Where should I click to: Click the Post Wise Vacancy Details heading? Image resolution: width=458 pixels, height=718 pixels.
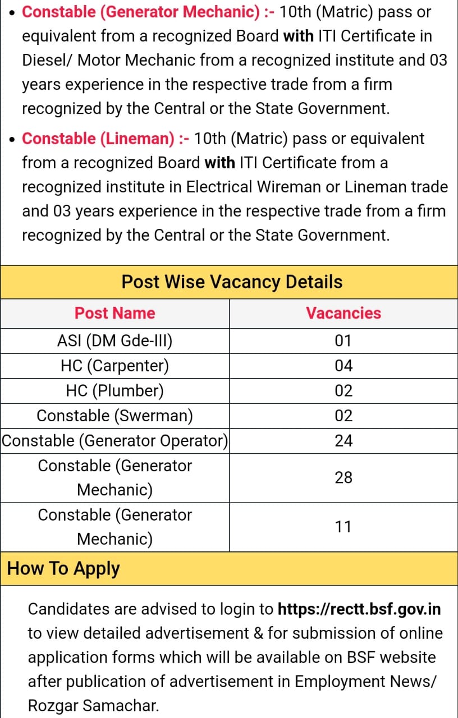[232, 281]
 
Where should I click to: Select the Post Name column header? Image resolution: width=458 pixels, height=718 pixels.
[114, 313]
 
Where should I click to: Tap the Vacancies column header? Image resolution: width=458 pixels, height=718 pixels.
[343, 313]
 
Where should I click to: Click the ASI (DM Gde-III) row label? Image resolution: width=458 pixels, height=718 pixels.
[114, 340]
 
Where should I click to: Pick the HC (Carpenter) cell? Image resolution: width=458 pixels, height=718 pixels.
[114, 366]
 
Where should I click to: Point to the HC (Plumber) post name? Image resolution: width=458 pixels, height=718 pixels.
[114, 390]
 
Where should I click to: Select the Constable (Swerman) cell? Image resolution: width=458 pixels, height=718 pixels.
[114, 416]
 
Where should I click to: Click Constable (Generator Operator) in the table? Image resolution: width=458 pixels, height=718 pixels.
[114, 441]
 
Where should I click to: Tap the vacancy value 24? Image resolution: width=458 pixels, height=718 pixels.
[343, 441]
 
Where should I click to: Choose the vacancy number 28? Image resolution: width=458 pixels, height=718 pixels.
[343, 477]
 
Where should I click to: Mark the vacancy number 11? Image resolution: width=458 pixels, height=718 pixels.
[343, 527]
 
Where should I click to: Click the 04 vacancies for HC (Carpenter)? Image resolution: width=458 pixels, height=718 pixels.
[343, 366]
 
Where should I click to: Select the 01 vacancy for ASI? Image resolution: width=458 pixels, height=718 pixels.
[343, 340]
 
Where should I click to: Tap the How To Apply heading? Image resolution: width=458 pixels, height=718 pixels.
[63, 568]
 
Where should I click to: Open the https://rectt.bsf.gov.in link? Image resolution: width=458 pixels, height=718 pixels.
[359, 609]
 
